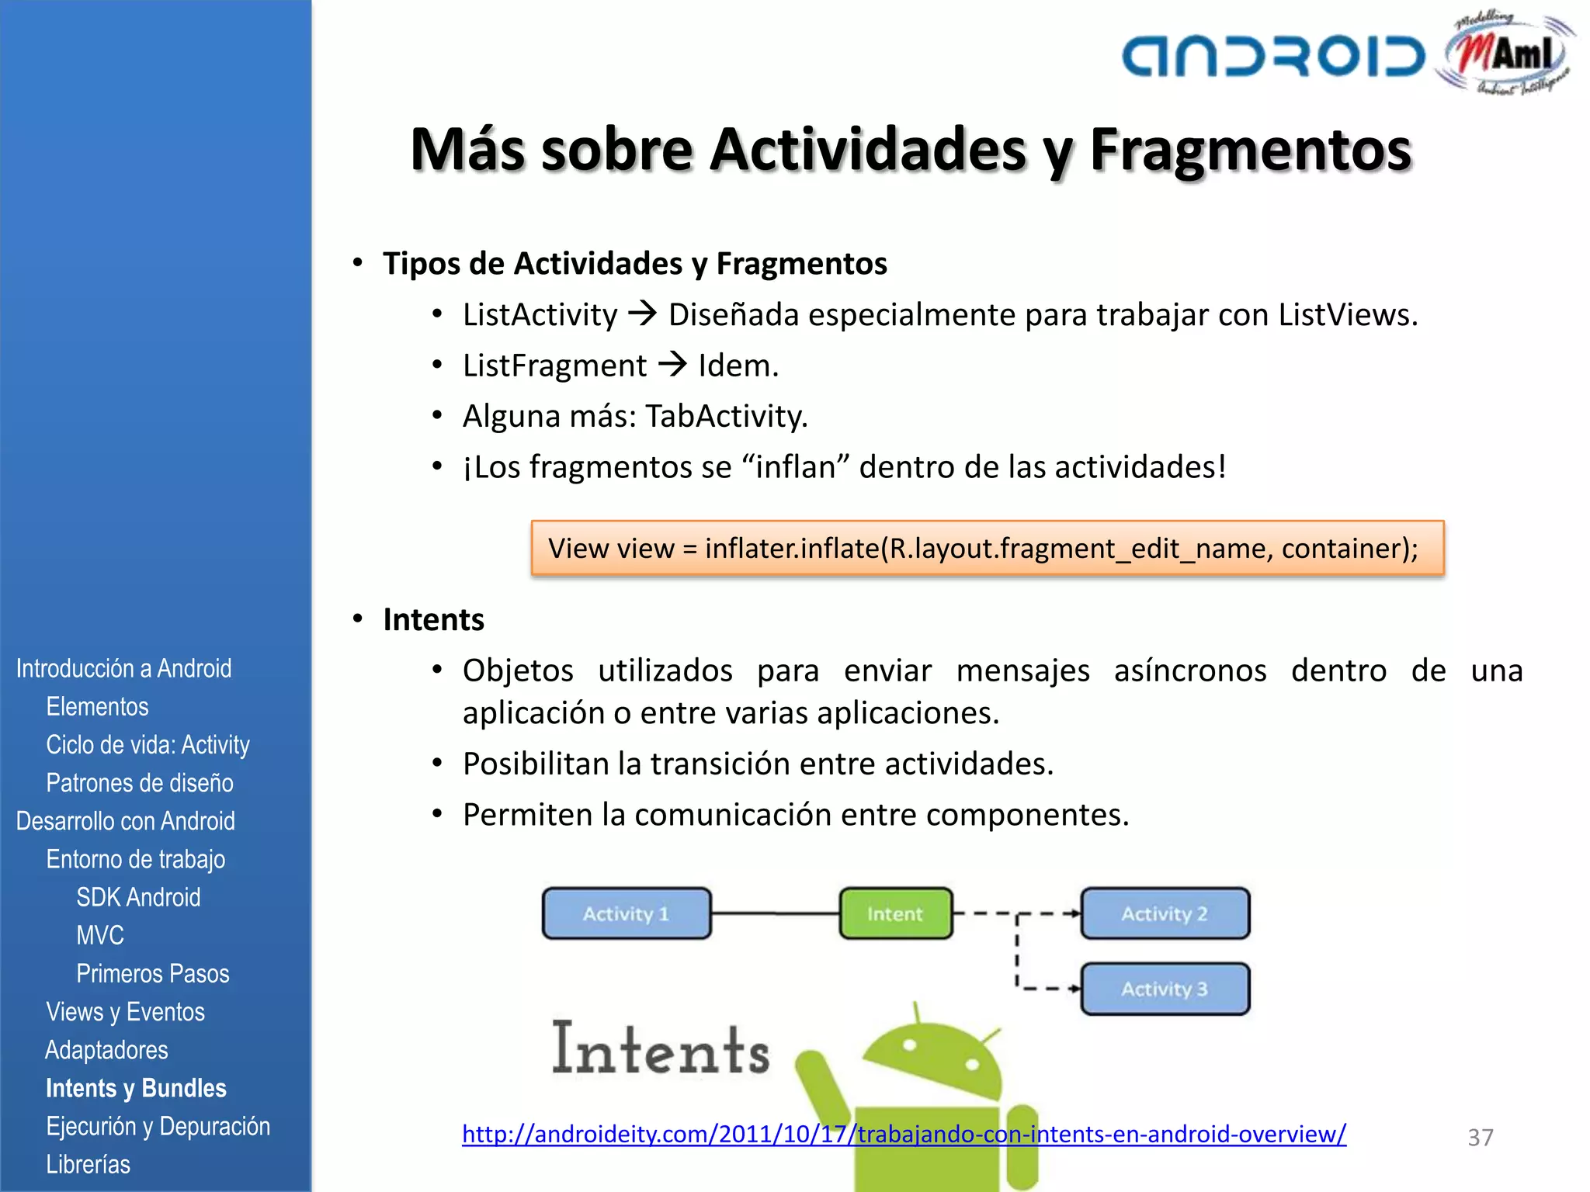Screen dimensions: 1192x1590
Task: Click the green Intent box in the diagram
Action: click(x=895, y=913)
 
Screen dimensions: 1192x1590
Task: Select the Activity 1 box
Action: click(x=626, y=913)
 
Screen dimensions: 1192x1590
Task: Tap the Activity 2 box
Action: click(x=1165, y=913)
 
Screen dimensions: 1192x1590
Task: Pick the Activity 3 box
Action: click(x=1165, y=989)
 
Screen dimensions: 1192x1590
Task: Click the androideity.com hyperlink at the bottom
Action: click(x=904, y=1134)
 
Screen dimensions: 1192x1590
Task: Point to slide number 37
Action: click(x=1480, y=1138)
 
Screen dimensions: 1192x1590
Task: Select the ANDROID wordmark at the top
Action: click(x=1273, y=57)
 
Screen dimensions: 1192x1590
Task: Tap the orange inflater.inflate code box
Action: click(x=987, y=549)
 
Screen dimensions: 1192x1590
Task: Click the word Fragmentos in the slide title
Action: click(x=1250, y=149)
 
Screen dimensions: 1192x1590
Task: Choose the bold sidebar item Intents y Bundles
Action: click(x=136, y=1088)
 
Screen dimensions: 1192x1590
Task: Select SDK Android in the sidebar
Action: click(x=138, y=897)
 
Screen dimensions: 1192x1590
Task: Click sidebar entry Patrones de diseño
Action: click(x=140, y=782)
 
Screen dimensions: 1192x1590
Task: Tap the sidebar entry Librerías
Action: click(x=88, y=1164)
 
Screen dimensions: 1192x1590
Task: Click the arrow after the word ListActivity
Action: click(x=643, y=314)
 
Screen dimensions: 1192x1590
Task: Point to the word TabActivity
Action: click(x=726, y=416)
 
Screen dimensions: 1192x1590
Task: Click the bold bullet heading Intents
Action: click(x=433, y=619)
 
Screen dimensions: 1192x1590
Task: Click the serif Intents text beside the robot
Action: click(x=661, y=1049)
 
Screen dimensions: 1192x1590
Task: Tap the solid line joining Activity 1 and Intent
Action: click(x=775, y=913)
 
